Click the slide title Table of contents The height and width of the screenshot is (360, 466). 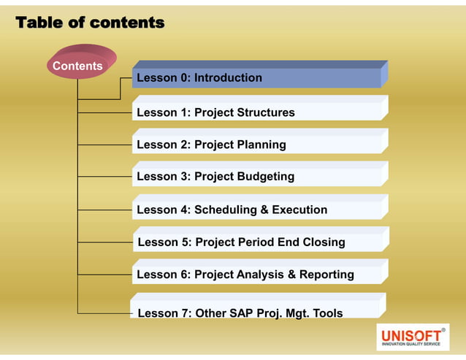90,23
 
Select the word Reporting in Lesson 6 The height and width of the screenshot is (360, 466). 326,275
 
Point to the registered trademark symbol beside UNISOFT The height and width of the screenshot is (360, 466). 443,330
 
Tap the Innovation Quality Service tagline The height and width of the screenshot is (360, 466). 411,343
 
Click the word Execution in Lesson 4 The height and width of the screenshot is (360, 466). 299,210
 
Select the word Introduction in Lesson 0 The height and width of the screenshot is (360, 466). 228,77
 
